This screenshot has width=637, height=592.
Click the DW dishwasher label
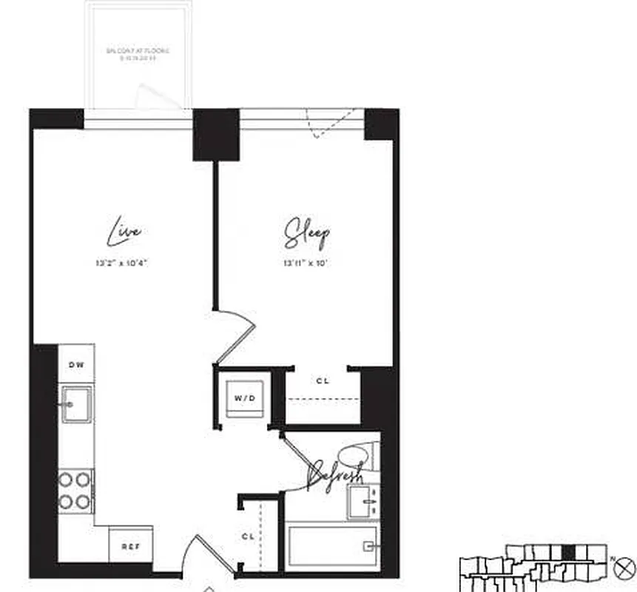(x=76, y=364)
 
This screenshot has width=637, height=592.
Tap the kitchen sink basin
(x=76, y=404)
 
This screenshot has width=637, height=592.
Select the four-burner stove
(x=75, y=491)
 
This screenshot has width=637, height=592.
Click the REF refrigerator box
(x=130, y=547)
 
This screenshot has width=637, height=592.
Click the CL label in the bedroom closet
(x=322, y=381)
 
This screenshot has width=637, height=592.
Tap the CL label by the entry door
(x=248, y=534)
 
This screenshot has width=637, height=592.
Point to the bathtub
(x=333, y=547)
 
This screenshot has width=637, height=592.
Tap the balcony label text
(x=138, y=53)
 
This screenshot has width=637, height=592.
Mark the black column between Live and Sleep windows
(x=216, y=134)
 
